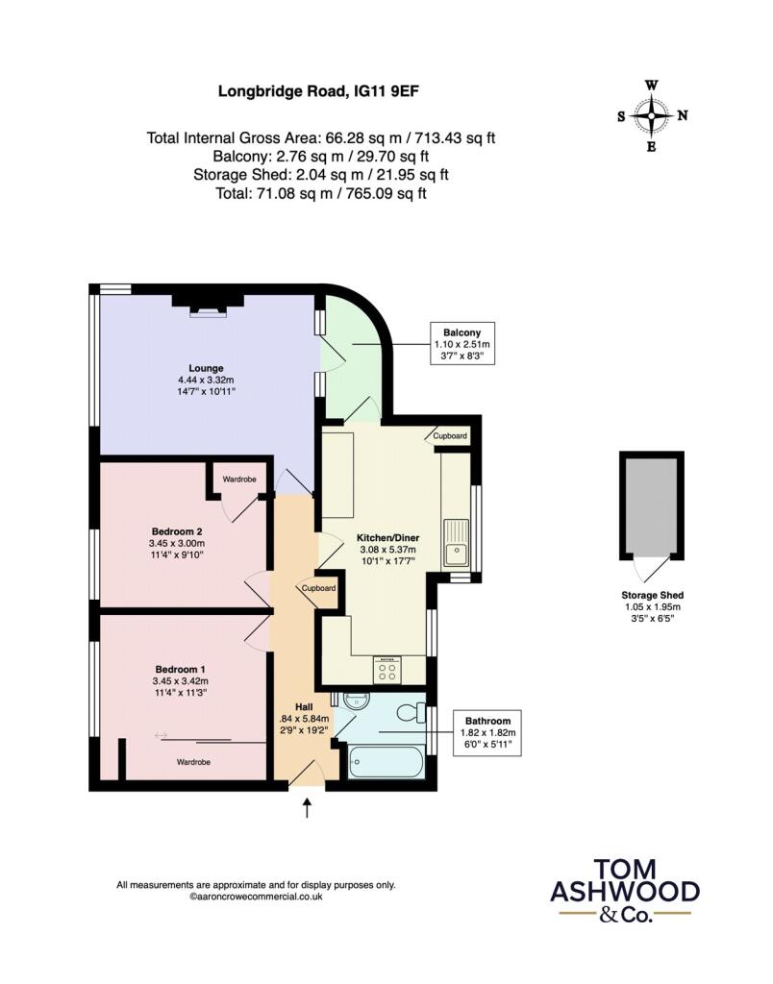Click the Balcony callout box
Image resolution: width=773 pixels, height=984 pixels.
462,343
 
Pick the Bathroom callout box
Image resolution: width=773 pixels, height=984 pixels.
487,732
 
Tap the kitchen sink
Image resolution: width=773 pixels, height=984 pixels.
456,542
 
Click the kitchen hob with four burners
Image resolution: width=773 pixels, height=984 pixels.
387,670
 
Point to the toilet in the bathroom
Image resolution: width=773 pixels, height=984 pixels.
412,712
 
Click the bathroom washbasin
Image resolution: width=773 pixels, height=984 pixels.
357,701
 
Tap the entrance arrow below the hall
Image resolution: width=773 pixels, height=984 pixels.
307,807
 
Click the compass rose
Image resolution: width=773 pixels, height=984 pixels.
652,116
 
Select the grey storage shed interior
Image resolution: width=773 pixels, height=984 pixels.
652,505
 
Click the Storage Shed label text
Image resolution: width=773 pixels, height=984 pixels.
653,595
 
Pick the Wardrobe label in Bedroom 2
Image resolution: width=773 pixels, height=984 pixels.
239,479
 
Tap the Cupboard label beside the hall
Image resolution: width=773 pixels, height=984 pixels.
318,588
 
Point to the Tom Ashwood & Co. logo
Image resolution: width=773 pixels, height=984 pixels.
625,891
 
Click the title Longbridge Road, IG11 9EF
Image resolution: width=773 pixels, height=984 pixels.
318,91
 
